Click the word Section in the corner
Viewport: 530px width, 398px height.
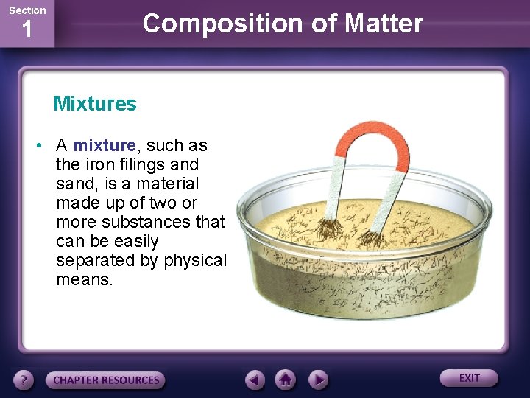click(x=26, y=10)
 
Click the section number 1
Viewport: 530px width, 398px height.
click(x=27, y=30)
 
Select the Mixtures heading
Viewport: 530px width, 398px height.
click(x=95, y=104)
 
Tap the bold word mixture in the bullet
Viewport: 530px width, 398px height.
click(x=105, y=145)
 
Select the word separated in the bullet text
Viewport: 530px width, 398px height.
click(x=96, y=260)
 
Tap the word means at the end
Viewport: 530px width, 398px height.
click(x=85, y=279)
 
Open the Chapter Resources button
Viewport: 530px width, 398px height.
click(x=106, y=380)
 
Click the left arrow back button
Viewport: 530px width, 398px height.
click(x=255, y=380)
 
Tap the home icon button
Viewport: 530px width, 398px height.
click(x=286, y=380)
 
